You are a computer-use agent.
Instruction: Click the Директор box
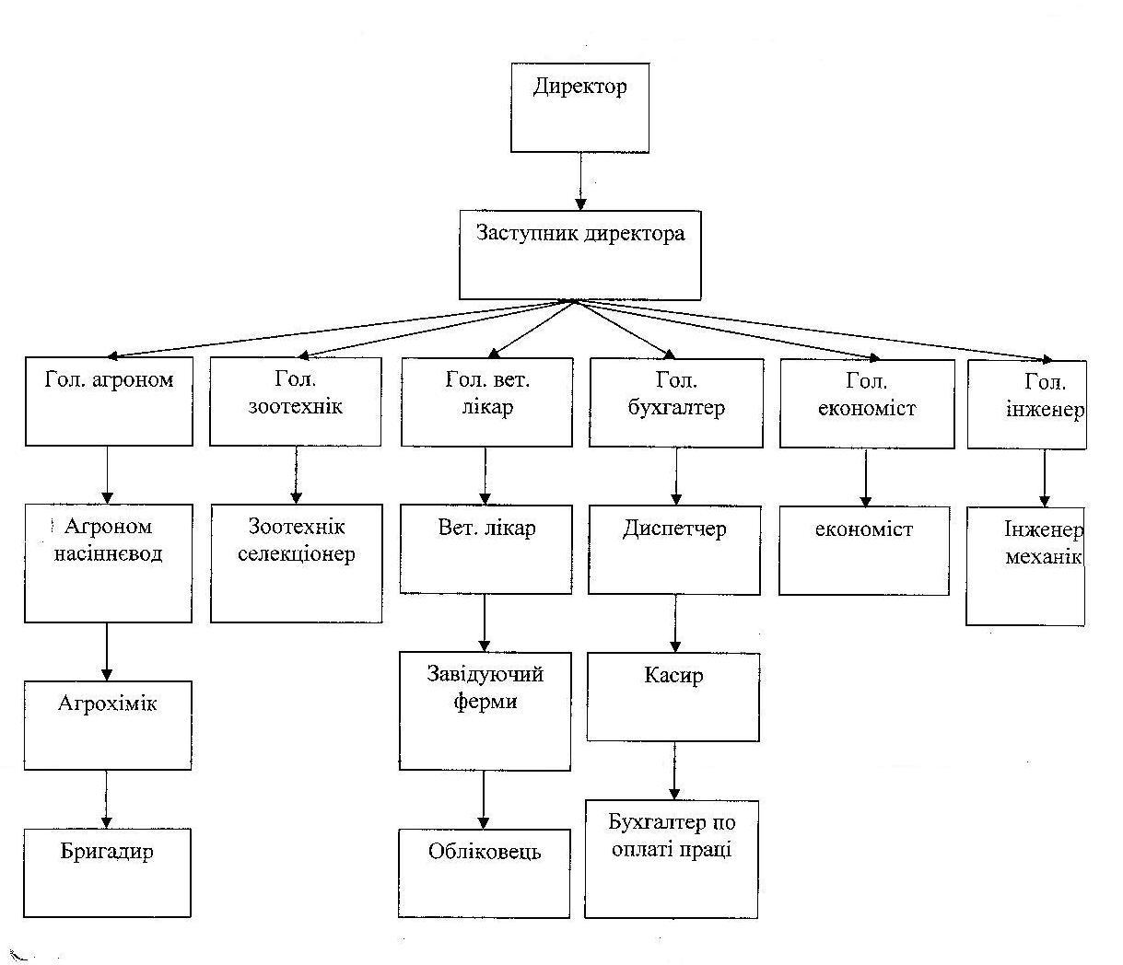(x=579, y=108)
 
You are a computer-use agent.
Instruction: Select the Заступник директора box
(x=579, y=255)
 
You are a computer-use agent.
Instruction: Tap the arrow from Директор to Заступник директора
(x=580, y=181)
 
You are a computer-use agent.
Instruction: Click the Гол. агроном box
(x=109, y=401)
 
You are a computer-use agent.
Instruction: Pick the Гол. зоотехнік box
(x=296, y=401)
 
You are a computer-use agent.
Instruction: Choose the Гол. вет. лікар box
(x=486, y=402)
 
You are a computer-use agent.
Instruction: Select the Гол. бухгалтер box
(x=676, y=403)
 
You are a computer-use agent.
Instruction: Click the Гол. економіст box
(x=867, y=403)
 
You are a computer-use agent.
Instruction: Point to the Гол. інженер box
(x=1027, y=404)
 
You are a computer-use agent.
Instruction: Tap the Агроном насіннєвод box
(x=108, y=564)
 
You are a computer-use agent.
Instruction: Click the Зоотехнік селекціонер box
(x=297, y=564)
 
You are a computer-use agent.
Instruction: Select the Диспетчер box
(x=674, y=550)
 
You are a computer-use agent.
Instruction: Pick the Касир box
(x=673, y=697)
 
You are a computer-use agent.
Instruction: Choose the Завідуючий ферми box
(x=485, y=712)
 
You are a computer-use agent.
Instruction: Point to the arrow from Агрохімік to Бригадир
(x=107, y=799)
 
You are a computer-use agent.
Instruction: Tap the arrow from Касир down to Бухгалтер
(x=674, y=771)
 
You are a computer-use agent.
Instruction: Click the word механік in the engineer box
(x=1043, y=557)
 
